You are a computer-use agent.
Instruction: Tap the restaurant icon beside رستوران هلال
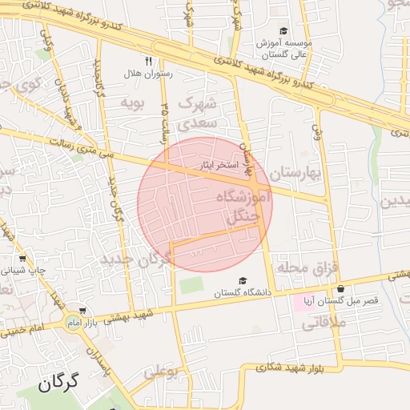[148, 61]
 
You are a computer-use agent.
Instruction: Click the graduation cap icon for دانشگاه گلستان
[243, 280]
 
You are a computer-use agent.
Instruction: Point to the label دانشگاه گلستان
[243, 293]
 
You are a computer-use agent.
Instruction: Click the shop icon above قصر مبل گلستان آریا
[341, 289]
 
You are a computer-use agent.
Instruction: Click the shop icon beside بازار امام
[83, 312]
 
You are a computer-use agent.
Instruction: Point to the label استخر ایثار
[219, 166]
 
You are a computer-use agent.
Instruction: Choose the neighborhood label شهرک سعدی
[196, 113]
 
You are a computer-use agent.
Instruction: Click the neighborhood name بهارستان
[294, 173]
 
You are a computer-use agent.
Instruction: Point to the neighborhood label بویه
[131, 102]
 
